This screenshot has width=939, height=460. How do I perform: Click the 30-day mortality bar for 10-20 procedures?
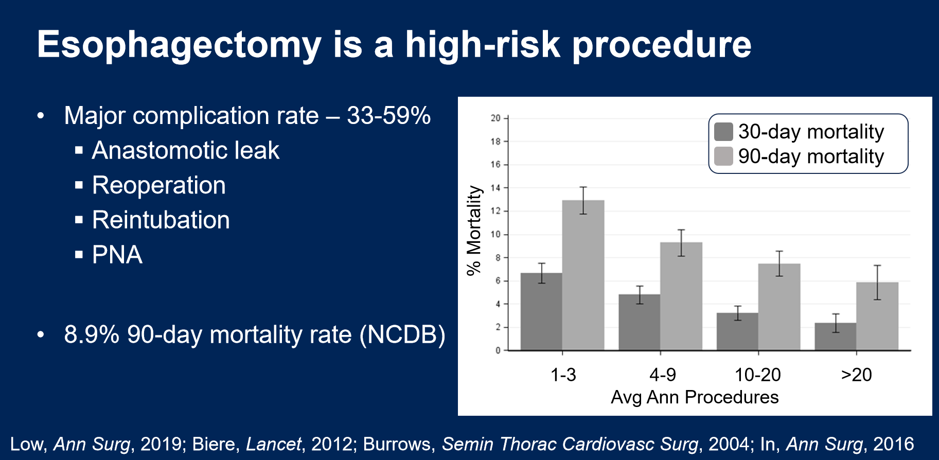click(x=737, y=331)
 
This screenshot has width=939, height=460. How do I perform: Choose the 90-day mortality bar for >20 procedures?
click(x=877, y=316)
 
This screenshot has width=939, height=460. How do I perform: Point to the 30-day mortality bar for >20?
click(x=836, y=337)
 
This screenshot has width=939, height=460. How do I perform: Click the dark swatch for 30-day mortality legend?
click(x=723, y=132)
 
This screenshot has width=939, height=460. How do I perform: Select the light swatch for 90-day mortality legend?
click(x=723, y=156)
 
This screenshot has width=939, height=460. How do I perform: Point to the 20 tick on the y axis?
click(x=495, y=118)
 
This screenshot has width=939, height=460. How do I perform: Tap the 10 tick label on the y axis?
click(x=495, y=235)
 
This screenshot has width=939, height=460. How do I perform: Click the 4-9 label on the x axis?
click(x=662, y=375)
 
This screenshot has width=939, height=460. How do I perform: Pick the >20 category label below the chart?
click(x=856, y=375)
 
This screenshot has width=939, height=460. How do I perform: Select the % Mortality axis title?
click(x=474, y=231)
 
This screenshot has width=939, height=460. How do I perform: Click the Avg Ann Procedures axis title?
click(x=695, y=397)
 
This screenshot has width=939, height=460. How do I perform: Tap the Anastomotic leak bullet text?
click(x=185, y=151)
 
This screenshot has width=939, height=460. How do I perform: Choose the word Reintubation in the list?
click(x=161, y=220)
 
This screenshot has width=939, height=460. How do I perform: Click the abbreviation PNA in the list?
click(x=117, y=255)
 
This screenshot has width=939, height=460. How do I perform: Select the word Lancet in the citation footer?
click(x=274, y=444)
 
